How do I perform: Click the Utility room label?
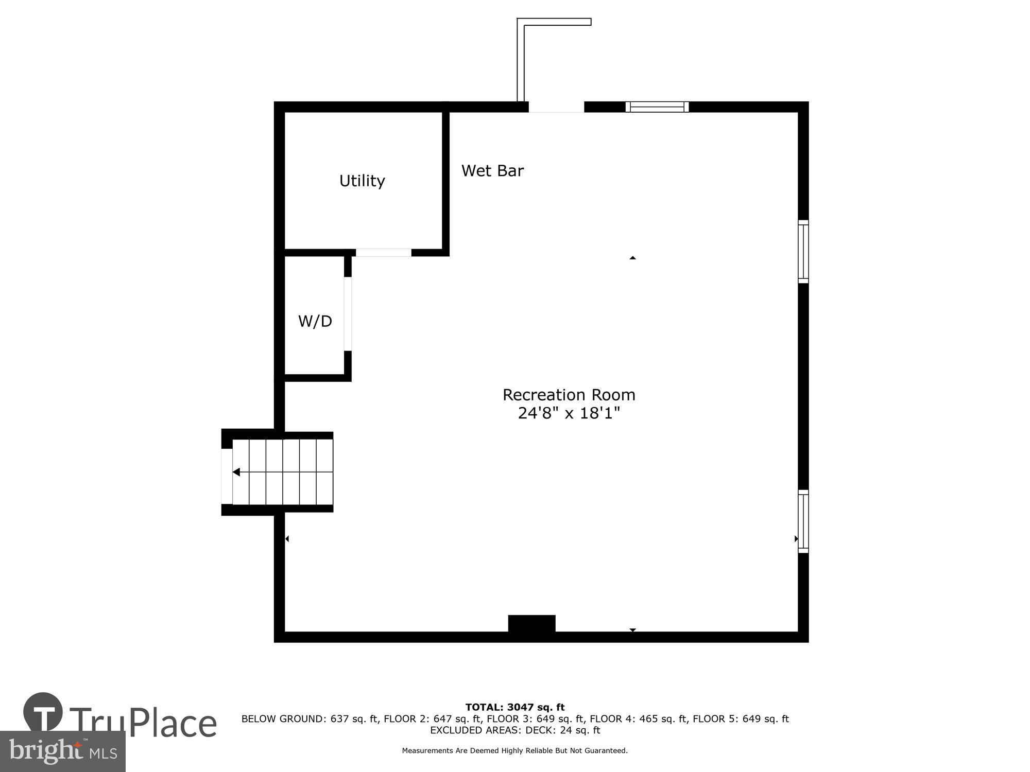click(362, 181)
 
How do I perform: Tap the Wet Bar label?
click(492, 171)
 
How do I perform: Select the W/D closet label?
click(315, 321)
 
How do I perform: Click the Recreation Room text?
click(569, 395)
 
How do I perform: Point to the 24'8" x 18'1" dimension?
click(569, 413)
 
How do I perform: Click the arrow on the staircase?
click(236, 472)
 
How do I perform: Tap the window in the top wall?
click(657, 107)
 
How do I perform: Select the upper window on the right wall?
click(803, 252)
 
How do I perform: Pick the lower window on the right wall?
click(803, 521)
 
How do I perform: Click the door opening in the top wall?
click(556, 107)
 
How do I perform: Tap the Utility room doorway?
click(383, 253)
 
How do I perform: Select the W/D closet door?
click(348, 314)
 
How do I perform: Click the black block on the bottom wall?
click(531, 624)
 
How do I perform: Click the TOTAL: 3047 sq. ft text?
click(515, 707)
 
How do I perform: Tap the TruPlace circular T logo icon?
click(43, 712)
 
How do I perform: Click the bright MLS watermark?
click(63, 751)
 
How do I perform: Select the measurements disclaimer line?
click(515, 750)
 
